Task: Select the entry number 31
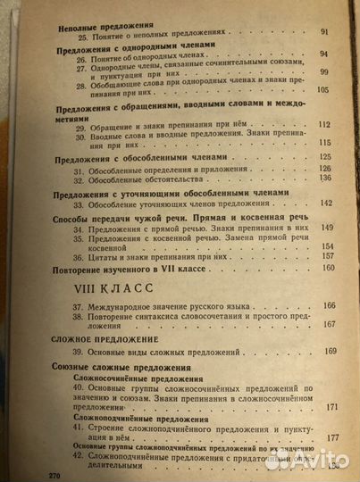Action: [x=78, y=169]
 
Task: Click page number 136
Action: [x=325, y=179]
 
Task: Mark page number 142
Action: [x=326, y=202]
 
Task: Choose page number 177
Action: [x=333, y=437]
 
